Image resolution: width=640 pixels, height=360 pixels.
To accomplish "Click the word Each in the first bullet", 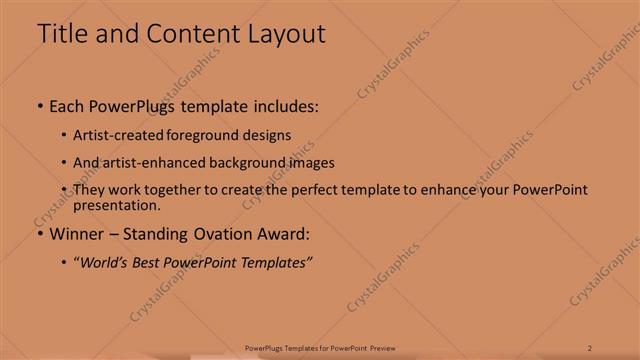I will coord(67,105).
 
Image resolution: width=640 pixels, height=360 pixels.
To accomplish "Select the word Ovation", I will coord(224,234).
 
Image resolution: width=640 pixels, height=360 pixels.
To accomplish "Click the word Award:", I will coord(284,234).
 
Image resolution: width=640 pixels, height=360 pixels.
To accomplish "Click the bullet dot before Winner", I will coord(39,235).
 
